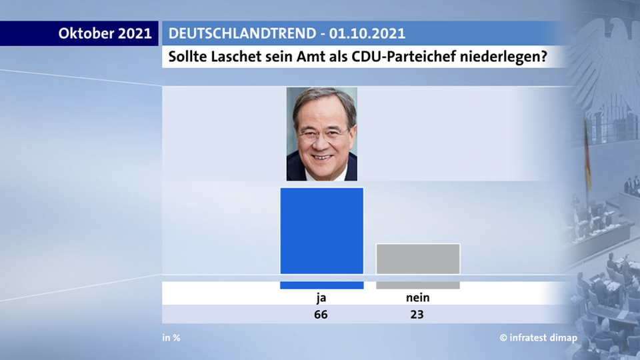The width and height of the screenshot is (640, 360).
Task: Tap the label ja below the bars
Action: (321, 298)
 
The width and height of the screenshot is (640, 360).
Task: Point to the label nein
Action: (417, 298)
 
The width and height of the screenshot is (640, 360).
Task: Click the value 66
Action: (321, 315)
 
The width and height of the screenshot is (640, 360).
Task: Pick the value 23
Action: (417, 315)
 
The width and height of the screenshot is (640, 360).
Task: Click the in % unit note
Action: (171, 337)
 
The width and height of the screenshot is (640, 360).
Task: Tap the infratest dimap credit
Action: (539, 337)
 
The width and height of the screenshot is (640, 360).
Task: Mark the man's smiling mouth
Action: (322, 157)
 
